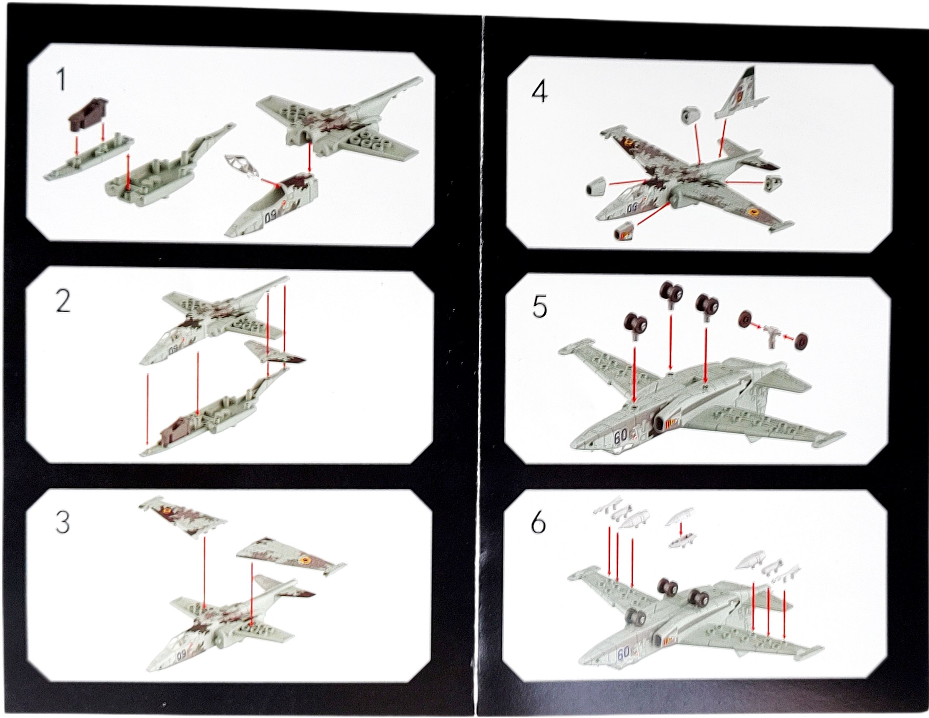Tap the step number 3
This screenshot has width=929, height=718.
[63, 522]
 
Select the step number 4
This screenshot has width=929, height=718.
[540, 91]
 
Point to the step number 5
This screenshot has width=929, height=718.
[540, 307]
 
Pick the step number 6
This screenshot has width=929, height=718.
[538, 523]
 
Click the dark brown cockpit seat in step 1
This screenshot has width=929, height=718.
[88, 112]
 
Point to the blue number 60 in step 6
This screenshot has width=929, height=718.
[624, 653]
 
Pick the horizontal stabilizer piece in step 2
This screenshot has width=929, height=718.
[275, 351]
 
